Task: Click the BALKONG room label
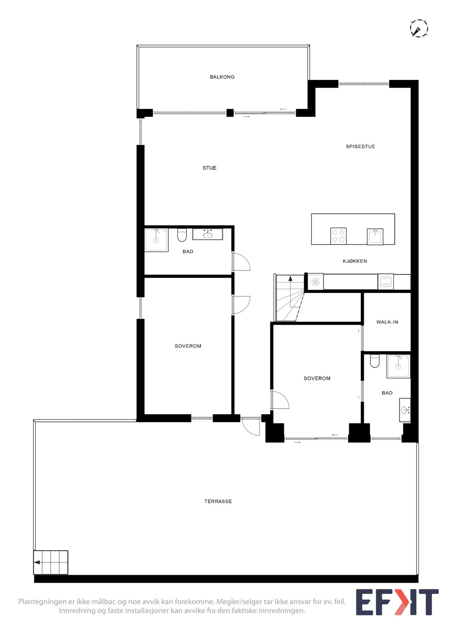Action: coord(222,77)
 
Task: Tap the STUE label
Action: coord(209,168)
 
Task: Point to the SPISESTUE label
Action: coord(360,147)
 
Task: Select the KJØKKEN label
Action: coord(355,261)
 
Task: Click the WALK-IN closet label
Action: coord(387,322)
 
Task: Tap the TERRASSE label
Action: coord(218,502)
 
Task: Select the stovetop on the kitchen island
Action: coord(338,236)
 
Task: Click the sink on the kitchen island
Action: coord(375,236)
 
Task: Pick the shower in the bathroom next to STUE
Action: coord(156,240)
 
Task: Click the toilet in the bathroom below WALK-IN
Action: coord(375,361)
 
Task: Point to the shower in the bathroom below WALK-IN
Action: coord(398,366)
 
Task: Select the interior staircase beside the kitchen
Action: coord(290,298)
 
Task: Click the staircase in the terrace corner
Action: coord(51,562)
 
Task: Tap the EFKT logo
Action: coord(397,602)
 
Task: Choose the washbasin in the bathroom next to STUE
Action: coord(208,234)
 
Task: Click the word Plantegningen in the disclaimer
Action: coord(42,602)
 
